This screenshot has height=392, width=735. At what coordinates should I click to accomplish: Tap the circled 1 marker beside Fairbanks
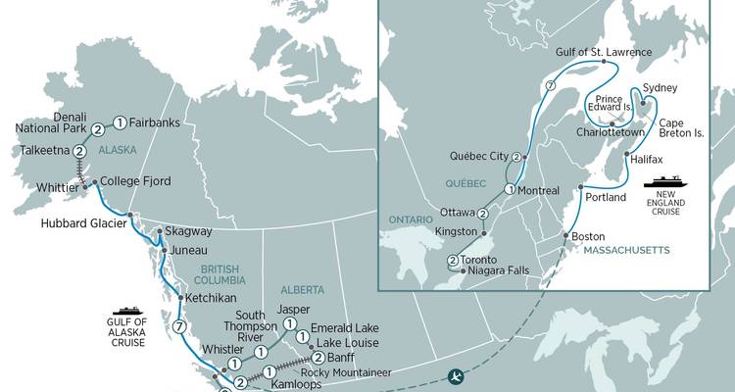[x=119, y=123]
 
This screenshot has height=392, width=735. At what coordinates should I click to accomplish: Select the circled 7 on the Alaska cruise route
[x=177, y=326]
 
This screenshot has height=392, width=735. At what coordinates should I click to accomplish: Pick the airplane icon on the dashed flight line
[x=454, y=375]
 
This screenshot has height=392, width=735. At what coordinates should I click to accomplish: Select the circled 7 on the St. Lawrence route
[x=551, y=87]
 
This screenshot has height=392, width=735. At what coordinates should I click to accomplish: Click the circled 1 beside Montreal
[x=510, y=189]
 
